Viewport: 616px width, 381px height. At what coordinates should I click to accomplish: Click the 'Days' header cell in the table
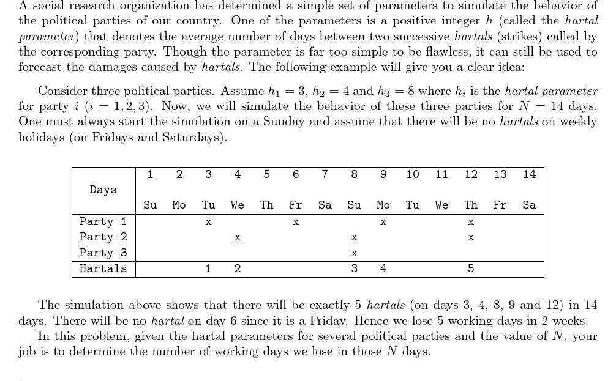coord(103,190)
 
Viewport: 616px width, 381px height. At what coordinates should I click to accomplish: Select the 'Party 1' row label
coord(103,221)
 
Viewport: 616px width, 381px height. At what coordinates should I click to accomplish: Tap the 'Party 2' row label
coord(103,237)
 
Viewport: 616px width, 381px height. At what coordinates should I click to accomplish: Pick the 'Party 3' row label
coord(103,253)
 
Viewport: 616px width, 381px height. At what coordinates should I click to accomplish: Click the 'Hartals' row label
coord(103,268)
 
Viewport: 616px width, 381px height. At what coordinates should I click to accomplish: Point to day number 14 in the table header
coord(529,174)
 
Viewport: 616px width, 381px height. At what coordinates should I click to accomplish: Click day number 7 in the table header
coord(325,174)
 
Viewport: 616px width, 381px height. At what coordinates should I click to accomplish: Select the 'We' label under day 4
coord(238,205)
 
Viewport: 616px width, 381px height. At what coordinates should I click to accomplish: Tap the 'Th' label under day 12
coord(471,205)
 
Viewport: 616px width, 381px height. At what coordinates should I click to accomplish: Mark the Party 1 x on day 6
coord(296,222)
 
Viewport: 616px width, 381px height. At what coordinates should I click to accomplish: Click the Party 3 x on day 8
coord(354,253)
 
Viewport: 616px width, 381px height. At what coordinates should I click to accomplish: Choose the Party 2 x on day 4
coord(238,237)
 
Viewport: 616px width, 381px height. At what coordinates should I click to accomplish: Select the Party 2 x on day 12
coord(471,237)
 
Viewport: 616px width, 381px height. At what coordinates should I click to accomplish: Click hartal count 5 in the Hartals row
coord(471,268)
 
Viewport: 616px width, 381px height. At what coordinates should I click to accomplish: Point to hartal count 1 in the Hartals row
coord(208,268)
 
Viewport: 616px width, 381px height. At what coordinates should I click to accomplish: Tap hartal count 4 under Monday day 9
coord(383,268)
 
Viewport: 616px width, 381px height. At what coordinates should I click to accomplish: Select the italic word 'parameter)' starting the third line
coord(46,36)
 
